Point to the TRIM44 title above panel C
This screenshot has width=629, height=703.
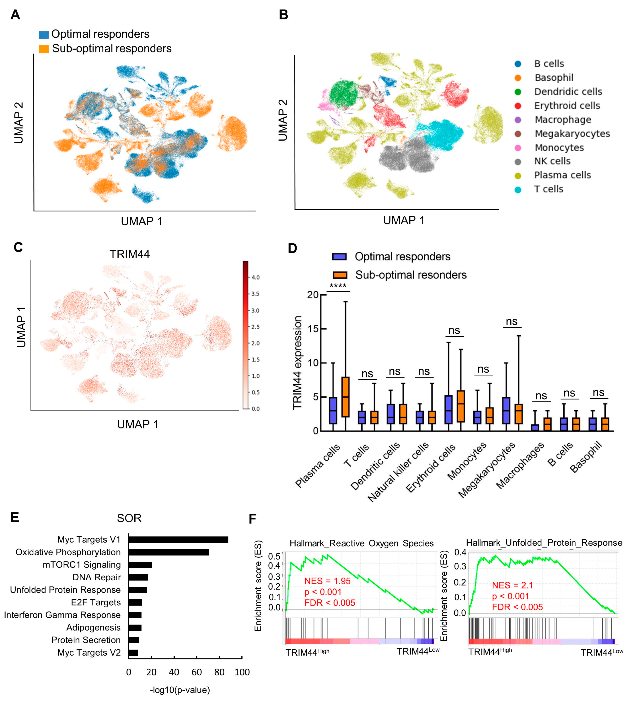pyautogui.click(x=130, y=254)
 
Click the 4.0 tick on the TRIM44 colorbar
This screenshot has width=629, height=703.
pyautogui.click(x=255, y=277)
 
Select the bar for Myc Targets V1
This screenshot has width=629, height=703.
pyautogui.click(x=178, y=539)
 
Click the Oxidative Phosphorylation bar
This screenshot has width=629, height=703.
pyautogui.click(x=169, y=552)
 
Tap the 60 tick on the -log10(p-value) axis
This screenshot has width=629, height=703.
pyautogui.click(x=197, y=672)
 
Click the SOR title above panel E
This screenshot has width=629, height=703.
pyautogui.click(x=129, y=518)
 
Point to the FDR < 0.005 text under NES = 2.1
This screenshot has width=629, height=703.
pyautogui.click(x=517, y=607)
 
